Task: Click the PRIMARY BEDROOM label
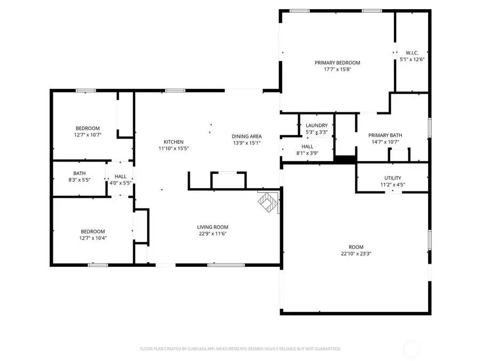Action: point(337,63)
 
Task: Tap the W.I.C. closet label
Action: point(412,53)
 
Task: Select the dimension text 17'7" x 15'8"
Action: point(337,69)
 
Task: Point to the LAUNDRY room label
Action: point(316,126)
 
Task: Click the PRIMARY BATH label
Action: point(385,135)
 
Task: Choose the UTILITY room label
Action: point(392,178)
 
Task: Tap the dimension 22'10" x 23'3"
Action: point(356,254)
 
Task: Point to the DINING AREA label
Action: point(246,136)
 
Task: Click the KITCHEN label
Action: point(174,141)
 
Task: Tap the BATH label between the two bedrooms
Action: point(79,173)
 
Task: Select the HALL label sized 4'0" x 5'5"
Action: point(120,176)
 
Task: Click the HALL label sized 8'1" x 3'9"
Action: point(307,146)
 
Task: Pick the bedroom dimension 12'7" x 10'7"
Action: point(88,135)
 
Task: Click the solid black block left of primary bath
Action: point(345,159)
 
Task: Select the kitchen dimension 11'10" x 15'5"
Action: point(174,148)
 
